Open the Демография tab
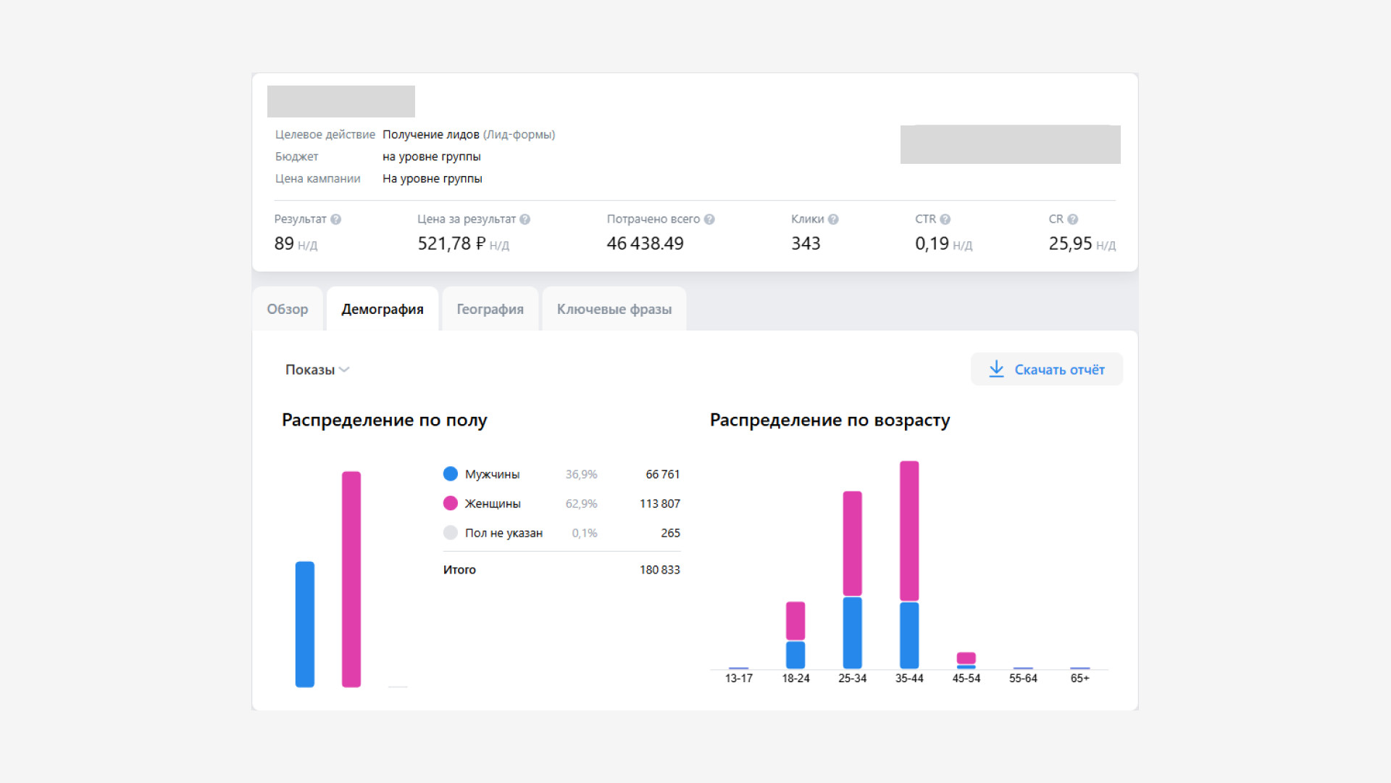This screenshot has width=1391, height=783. click(383, 309)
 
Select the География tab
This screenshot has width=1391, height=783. click(490, 309)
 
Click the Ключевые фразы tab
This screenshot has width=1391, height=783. click(614, 309)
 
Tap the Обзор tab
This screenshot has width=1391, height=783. click(288, 309)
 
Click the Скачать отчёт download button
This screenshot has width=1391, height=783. click(1047, 369)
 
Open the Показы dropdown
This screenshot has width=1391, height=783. click(317, 370)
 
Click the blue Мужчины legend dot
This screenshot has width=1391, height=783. click(451, 473)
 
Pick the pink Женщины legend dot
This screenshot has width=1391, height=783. click(451, 503)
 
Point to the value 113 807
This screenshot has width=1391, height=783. click(659, 503)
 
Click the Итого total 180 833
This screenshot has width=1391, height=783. click(659, 570)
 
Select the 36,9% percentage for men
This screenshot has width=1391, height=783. click(581, 474)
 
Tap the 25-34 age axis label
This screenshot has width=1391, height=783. click(852, 679)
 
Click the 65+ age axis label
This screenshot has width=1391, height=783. click(1079, 679)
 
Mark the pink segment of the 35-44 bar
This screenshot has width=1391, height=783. click(909, 531)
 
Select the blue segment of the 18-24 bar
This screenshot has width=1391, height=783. click(795, 655)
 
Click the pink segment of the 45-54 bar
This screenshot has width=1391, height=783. click(966, 658)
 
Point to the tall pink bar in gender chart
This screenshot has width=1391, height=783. click(351, 579)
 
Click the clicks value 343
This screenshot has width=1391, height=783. click(806, 244)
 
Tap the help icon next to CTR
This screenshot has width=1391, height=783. click(945, 219)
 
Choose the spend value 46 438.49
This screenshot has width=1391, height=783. click(645, 244)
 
